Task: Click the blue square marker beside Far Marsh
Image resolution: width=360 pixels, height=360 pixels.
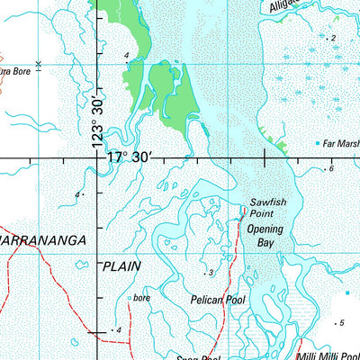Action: click(x=318, y=143)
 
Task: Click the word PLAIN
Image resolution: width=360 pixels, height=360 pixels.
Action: click(x=122, y=266)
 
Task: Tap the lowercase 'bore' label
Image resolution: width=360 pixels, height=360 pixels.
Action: click(x=140, y=296)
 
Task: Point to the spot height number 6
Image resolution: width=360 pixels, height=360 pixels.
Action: click(x=331, y=168)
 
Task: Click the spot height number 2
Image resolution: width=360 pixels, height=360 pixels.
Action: click(x=332, y=38)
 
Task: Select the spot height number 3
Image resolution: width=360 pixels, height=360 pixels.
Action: click(x=211, y=272)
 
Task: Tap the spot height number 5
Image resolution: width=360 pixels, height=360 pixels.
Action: click(x=341, y=322)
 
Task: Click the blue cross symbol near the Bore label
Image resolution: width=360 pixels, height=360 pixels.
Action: click(x=38, y=64)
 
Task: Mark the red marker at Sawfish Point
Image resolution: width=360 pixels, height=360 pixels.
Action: click(x=243, y=212)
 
